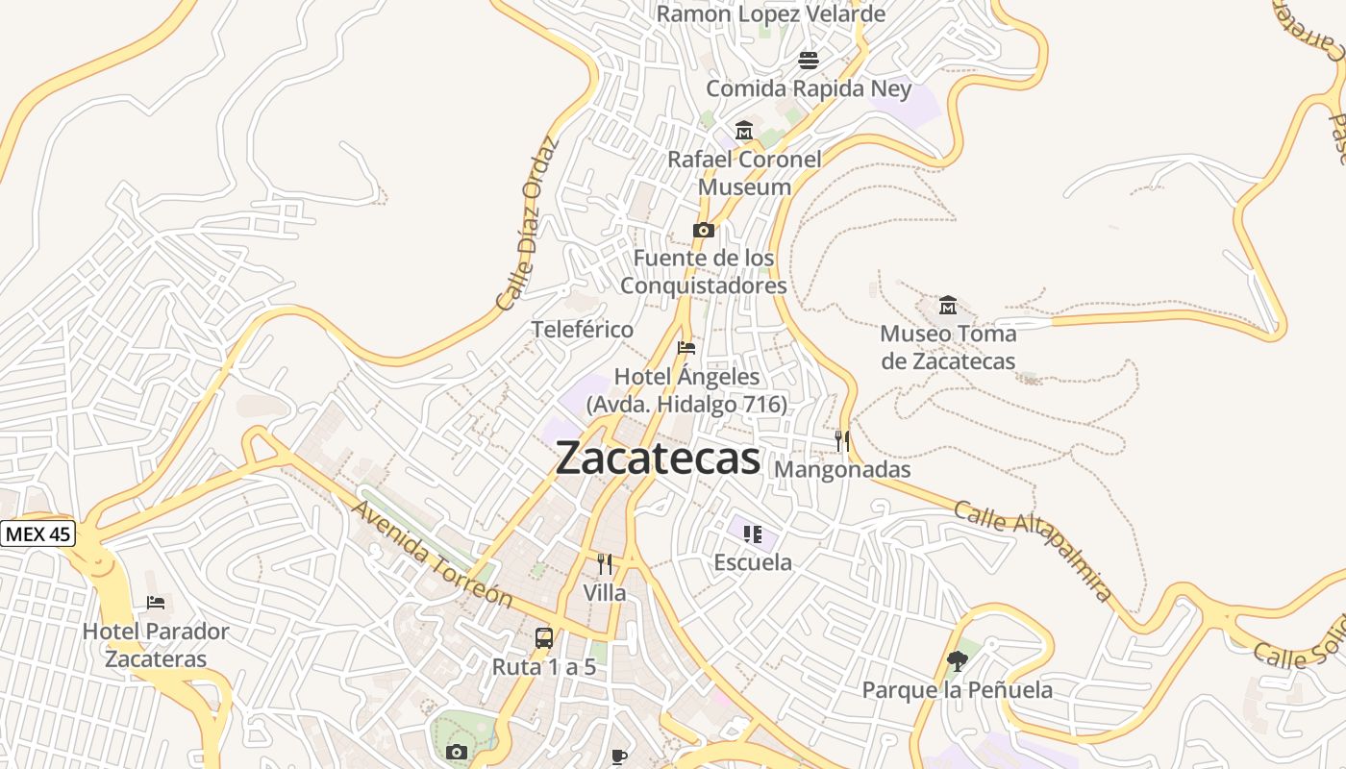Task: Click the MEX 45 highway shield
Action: tap(37, 533)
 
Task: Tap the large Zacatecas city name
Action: tap(659, 458)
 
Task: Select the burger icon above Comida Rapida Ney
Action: tap(809, 61)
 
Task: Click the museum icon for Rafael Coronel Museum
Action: tap(743, 131)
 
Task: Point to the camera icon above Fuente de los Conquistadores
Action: tap(704, 231)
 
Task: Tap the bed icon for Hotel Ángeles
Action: tap(686, 348)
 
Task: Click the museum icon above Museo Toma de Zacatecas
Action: tap(948, 306)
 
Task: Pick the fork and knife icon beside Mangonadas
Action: tap(842, 441)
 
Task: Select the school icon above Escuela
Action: tap(752, 533)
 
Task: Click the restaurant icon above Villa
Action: tap(605, 564)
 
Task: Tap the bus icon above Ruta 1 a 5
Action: tap(544, 638)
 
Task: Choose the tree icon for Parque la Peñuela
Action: tap(957, 661)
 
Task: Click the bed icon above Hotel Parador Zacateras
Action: tap(156, 603)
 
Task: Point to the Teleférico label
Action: tap(583, 330)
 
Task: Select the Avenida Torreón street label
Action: tap(432, 553)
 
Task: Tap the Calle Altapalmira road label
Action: tap(1034, 550)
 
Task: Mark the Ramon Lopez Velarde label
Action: tap(770, 14)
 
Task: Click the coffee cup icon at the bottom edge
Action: tap(619, 757)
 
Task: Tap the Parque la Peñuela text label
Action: tap(957, 690)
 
